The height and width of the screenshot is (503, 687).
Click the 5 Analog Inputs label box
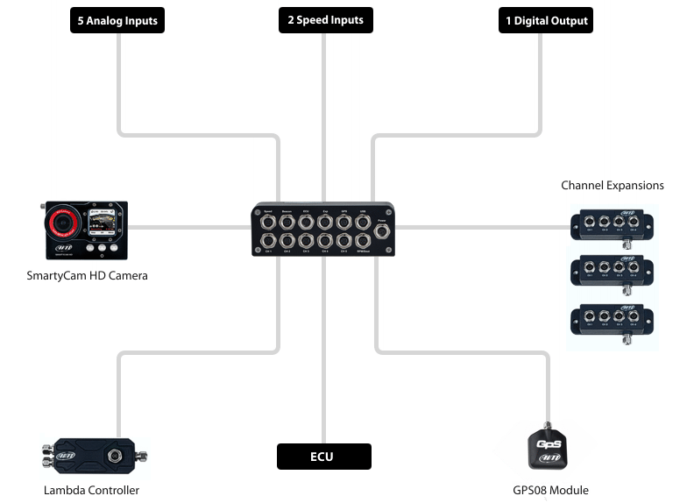pyautogui.click(x=117, y=20)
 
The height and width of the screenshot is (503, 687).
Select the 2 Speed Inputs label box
pyautogui.click(x=325, y=20)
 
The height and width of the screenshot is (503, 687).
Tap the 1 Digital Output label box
pyautogui.click(x=545, y=20)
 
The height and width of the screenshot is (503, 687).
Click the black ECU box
pyautogui.click(x=323, y=457)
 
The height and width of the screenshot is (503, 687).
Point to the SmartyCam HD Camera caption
pyautogui.click(x=87, y=275)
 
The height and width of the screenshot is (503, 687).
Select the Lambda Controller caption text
pyautogui.click(x=91, y=490)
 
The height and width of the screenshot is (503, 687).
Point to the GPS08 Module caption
pyautogui.click(x=550, y=490)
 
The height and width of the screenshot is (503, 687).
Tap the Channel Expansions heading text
pyautogui.click(x=612, y=185)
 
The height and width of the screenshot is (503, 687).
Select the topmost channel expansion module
pyautogui.click(x=612, y=224)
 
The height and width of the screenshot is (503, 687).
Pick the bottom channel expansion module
pyautogui.click(x=612, y=322)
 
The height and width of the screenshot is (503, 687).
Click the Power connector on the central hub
pyautogui.click(x=382, y=230)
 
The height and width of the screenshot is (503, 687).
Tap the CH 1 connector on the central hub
pyautogui.click(x=268, y=240)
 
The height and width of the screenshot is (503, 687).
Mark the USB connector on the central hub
pyautogui.click(x=363, y=221)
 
